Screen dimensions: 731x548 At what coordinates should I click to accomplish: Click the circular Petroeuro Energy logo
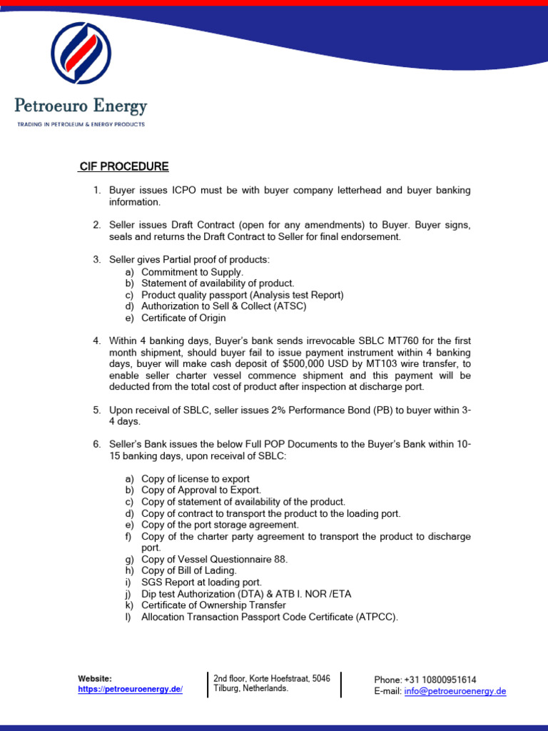pos(81,53)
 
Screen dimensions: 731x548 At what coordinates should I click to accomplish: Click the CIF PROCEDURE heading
pos(124,167)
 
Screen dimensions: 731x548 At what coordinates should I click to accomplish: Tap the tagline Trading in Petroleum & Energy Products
pos(81,124)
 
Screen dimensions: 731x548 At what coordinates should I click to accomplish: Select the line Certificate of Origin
pos(183,318)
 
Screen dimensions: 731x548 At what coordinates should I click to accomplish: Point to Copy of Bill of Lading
pos(189,570)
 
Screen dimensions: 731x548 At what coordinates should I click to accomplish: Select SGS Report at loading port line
pos(201,582)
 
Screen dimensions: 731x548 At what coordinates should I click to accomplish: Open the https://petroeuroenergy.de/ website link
pos(131,689)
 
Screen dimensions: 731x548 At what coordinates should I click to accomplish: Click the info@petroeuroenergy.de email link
pos(455,691)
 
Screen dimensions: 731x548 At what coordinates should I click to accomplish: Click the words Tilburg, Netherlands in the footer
pos(250,688)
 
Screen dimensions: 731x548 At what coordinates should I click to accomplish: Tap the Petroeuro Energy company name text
pos(81,107)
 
